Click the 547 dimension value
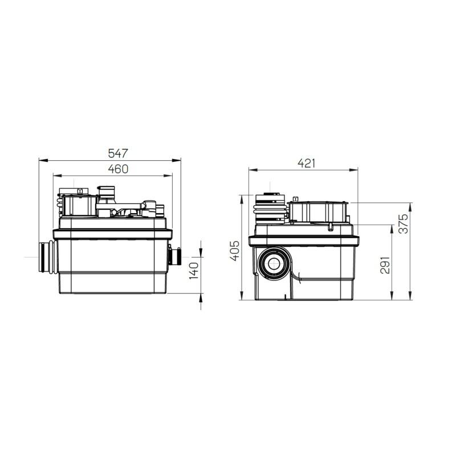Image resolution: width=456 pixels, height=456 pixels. (119, 153)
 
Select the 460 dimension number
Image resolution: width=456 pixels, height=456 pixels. (118, 169)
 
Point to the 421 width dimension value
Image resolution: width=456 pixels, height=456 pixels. (306, 163)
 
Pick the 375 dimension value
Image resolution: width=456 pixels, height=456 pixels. (403, 225)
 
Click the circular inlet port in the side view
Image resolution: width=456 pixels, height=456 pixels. (274, 263)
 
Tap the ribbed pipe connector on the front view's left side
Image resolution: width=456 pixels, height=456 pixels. (47, 258)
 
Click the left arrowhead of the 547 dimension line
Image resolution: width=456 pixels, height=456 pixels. (41, 160)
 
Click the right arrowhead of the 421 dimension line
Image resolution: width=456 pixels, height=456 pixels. (356, 169)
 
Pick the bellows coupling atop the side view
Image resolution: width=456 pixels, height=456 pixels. (270, 208)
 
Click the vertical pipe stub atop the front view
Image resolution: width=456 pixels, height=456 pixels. (105, 191)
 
